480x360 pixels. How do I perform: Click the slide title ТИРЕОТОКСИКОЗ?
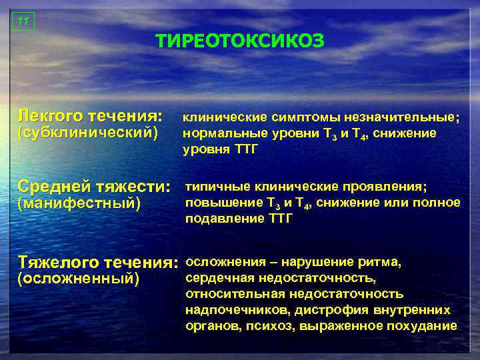coord(240,41)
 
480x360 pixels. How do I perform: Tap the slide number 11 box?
coord(23,21)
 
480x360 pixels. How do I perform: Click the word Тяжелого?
coord(56,261)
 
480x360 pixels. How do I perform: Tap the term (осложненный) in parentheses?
coord(79,279)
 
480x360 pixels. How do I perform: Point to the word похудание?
coord(427,326)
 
